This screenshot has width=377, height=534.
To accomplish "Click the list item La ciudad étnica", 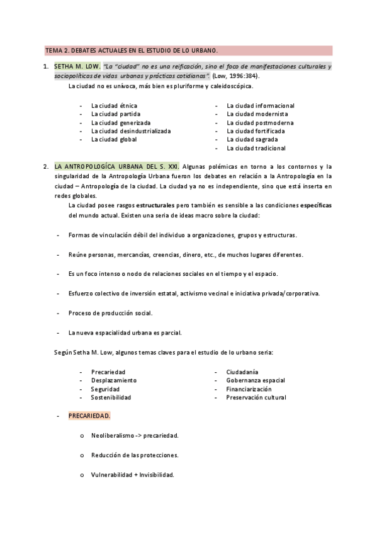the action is coord(114,106).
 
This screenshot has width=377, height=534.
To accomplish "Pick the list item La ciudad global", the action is coord(114,140).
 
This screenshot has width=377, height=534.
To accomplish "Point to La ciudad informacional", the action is coord(261,106).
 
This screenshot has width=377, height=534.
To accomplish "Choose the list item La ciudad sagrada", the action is coord(252,140).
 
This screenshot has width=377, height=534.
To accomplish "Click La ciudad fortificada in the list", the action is coord(256,131).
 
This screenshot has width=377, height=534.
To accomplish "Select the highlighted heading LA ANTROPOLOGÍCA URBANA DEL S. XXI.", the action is coord(117,166).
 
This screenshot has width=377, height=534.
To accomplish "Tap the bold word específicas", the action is coord(316,206).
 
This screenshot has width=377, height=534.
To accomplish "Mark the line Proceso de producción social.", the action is coord(110,313).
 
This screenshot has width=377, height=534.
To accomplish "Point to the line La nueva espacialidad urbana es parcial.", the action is coord(125,332).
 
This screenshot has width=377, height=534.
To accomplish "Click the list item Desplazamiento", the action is coord(114,380).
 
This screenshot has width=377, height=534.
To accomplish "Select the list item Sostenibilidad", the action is coord(111,397).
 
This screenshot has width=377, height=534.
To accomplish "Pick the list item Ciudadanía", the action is coord(242,372).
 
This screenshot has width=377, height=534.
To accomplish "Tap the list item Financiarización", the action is coord(249,389).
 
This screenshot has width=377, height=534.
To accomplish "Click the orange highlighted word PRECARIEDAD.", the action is coord(89,416).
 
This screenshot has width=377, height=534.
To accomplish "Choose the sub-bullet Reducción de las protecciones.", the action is coord(135,455).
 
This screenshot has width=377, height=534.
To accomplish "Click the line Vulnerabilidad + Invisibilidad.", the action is coord(132,474).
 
